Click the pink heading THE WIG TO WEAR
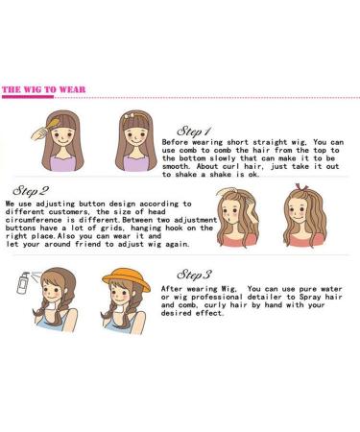[x=44, y=89]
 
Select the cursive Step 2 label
[x=31, y=191]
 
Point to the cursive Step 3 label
[x=194, y=275]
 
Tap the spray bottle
[x=23, y=283]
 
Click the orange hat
[x=126, y=280]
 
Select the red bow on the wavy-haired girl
[x=301, y=187]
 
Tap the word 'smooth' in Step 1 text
[x=175, y=166]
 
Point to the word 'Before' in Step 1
[x=175, y=142]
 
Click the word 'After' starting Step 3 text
[x=172, y=289]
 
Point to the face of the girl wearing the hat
[x=121, y=294]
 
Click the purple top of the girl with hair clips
[x=135, y=162]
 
